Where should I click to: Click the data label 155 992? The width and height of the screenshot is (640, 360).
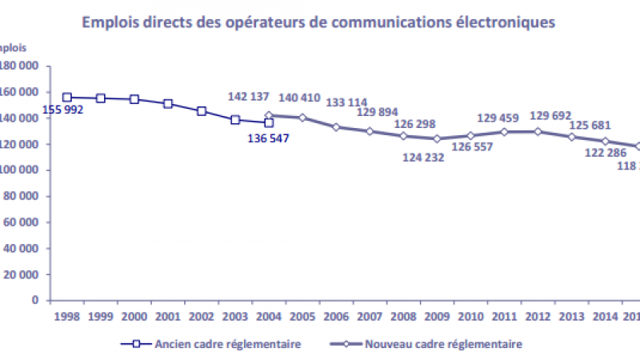[85, 110]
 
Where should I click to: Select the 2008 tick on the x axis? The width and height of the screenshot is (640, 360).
[403, 317]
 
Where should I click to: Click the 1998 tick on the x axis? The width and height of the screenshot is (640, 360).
[67, 317]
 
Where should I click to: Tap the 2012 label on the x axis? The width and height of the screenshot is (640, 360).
[538, 317]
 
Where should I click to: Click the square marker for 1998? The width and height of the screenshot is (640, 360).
[67, 98]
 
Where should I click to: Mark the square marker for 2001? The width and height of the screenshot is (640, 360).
[168, 104]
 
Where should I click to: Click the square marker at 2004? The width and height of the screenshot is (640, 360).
[269, 122]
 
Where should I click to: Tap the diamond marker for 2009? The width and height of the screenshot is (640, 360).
[437, 138]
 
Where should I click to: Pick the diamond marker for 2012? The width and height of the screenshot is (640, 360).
[538, 131]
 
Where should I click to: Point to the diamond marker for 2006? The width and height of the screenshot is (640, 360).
[336, 127]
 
